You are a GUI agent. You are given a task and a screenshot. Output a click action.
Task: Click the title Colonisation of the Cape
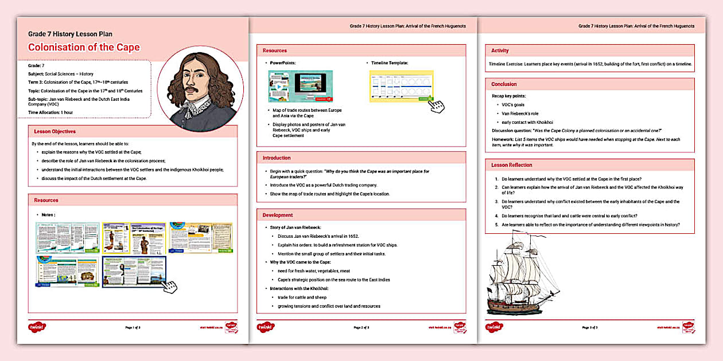coord(84,48)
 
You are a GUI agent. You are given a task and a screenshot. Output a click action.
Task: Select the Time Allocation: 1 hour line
coord(50,112)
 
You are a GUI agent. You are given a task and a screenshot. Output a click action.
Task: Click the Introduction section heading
coord(277,158)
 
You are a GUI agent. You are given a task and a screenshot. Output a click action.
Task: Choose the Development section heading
coord(278,215)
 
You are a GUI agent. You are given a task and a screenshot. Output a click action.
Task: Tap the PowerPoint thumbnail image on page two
coord(300,87)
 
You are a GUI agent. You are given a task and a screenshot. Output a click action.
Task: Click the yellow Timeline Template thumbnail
coord(402,86)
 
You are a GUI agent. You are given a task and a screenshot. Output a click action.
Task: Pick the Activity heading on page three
coord(500,50)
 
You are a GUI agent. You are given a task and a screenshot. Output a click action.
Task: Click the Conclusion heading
coord(504,84)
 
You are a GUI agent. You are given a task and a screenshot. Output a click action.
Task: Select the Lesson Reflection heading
coord(512,165)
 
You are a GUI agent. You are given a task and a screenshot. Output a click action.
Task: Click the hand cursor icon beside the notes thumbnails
coord(169,287)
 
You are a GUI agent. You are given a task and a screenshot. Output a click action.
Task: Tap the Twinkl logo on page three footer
coord(495,327)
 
